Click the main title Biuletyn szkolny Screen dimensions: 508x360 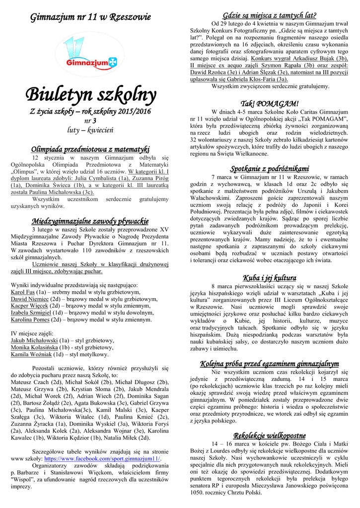click(90, 93)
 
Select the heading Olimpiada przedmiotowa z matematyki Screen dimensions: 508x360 click(90, 149)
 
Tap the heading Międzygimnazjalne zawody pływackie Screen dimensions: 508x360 click(90, 221)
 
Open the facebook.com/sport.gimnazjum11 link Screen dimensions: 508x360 click(102, 459)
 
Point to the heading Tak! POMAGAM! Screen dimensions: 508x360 click(269, 104)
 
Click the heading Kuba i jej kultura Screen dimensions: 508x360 click(269, 277)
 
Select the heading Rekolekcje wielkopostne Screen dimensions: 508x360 click(269, 435)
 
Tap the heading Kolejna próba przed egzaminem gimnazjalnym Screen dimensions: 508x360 click(269, 363)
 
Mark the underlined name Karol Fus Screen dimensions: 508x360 click(22, 292)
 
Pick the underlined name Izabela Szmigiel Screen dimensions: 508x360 click(29, 313)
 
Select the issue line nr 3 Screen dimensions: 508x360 click(90, 121)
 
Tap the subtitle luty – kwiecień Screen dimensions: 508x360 click(90, 130)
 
